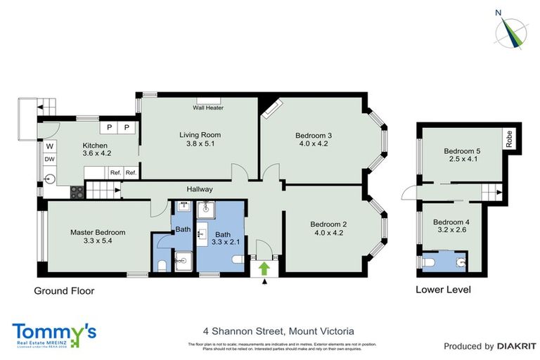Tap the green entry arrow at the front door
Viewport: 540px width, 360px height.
264,268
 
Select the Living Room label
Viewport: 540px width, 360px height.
200,139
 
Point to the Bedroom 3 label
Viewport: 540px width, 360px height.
313,139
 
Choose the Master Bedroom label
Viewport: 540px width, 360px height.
97,236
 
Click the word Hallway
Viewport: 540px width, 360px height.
200,189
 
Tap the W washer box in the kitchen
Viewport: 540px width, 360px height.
50,147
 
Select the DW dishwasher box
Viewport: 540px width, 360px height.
50,160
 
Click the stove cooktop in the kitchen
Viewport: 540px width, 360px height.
76,190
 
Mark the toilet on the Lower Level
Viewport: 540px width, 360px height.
431,262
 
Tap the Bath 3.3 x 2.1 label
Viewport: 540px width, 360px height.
223,238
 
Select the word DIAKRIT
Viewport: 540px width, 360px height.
517,346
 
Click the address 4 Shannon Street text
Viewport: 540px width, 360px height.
278,330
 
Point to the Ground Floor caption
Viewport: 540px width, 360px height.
64,290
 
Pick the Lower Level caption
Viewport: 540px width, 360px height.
443,290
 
